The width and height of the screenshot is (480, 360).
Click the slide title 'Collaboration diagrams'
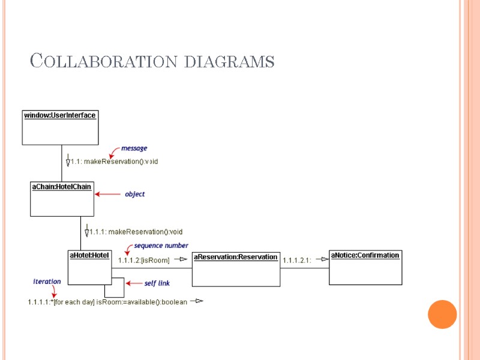[x=152, y=61]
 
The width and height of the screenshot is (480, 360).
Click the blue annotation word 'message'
[x=134, y=148]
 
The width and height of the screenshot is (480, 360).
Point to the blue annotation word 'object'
[x=134, y=194]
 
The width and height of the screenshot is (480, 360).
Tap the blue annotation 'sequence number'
[x=161, y=245]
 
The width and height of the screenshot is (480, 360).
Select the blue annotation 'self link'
[x=158, y=283]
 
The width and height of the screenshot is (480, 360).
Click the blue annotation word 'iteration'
[x=47, y=281]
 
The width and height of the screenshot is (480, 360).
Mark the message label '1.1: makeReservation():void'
[x=115, y=161]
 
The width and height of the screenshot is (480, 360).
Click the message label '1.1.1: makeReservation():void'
[x=136, y=232]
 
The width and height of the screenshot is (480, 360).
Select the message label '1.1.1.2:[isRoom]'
[x=144, y=260]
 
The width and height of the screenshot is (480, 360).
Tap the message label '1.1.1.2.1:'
[x=297, y=260]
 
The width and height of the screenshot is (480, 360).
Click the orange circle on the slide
[x=443, y=314]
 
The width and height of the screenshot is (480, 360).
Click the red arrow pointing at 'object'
[x=108, y=194]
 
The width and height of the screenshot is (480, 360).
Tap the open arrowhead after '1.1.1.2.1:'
[x=322, y=259]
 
